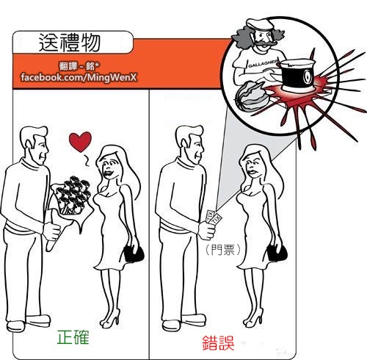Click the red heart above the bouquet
(x=80, y=141)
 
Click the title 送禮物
(x=70, y=43)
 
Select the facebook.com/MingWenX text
(x=79, y=77)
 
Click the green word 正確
(x=73, y=337)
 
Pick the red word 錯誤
(x=218, y=343)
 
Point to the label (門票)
(x=223, y=250)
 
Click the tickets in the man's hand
(x=214, y=217)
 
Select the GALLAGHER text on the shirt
(x=263, y=63)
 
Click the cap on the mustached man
(x=259, y=24)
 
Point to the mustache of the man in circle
(x=266, y=44)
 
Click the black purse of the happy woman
(x=134, y=253)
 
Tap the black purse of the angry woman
(x=277, y=253)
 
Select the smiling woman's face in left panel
(x=111, y=167)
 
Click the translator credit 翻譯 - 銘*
(x=79, y=66)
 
